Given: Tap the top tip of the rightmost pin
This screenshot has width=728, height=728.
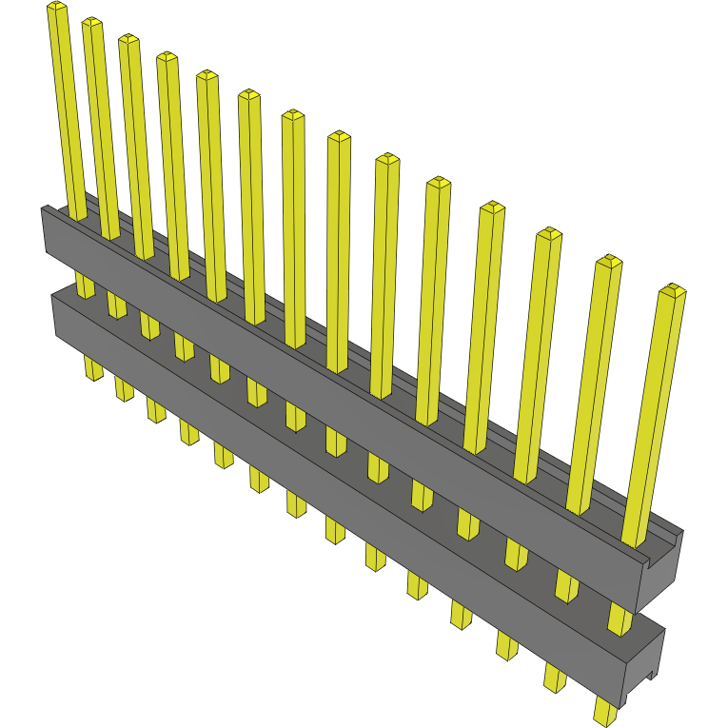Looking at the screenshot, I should tap(673, 289).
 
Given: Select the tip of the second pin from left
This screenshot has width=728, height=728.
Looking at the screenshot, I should tap(91, 24).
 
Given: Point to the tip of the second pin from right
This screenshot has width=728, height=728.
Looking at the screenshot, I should tap(608, 261).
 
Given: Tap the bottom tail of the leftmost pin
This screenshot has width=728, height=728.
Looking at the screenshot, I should tap(92, 368).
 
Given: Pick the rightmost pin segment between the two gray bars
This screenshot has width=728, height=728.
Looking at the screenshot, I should tap(620, 620).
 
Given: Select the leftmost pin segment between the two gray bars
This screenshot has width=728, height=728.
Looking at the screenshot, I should tap(85, 285).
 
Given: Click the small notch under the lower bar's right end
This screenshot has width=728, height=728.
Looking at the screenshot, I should tap(650, 677).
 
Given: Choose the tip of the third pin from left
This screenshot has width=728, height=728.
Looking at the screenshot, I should tap(128, 41).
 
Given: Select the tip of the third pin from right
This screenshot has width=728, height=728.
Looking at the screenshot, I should tap(549, 233).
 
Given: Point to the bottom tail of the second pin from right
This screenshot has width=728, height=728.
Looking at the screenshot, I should tap(555, 677).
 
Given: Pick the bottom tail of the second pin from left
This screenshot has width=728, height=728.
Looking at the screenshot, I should tap(124, 387).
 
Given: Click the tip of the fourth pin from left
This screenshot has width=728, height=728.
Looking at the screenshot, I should tap(167, 58).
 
